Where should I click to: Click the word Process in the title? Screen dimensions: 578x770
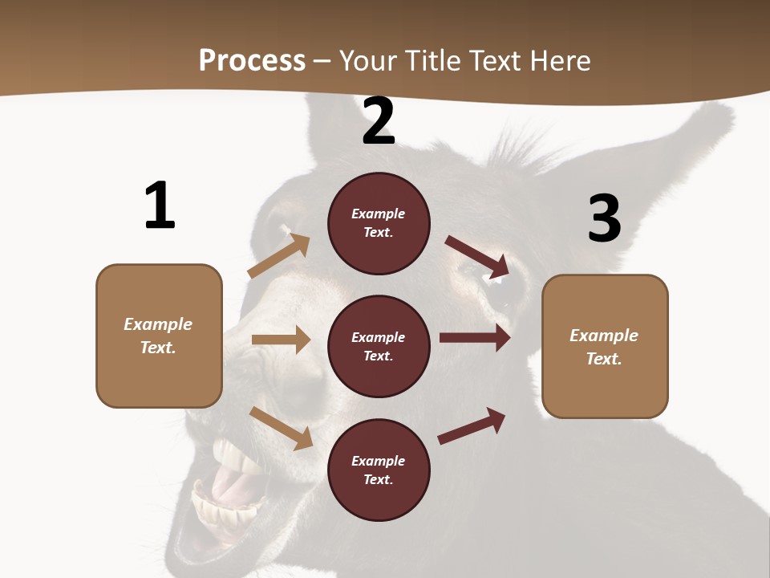click(252, 60)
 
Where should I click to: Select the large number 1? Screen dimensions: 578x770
click(160, 206)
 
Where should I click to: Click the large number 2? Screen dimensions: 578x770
click(379, 121)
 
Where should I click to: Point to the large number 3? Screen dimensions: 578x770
click(604, 218)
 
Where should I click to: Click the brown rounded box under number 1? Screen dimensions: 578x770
click(159, 336)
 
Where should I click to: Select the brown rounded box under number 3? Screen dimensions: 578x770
click(605, 346)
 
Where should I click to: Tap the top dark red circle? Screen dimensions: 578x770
click(379, 223)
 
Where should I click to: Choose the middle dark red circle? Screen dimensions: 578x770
click(379, 346)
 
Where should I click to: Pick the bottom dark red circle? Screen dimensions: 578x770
click(379, 470)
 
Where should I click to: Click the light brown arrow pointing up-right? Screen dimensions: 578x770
click(278, 257)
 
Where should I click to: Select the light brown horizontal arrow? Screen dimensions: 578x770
click(281, 340)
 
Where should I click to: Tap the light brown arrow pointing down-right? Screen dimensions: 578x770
click(281, 428)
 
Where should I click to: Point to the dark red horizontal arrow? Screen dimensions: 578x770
click(475, 337)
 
